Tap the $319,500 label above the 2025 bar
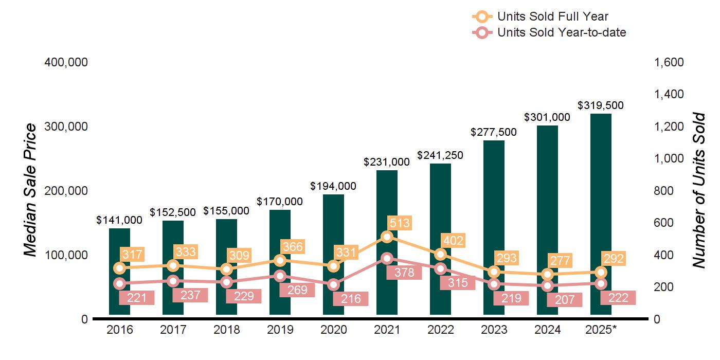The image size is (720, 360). [601, 105]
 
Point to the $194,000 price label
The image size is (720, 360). [333, 186]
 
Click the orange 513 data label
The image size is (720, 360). [400, 223]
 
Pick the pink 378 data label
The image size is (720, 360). [404, 273]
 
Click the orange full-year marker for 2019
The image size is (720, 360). [280, 260]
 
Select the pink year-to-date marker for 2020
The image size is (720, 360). [333, 284]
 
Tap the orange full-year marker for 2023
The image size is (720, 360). [494, 272]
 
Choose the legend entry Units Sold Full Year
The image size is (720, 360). [552, 17]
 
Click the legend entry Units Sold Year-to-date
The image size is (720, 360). [561, 32]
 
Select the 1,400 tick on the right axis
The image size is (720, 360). [669, 95]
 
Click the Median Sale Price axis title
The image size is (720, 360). [31, 190]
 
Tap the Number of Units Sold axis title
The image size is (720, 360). [698, 190]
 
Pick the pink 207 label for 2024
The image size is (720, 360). [564, 300]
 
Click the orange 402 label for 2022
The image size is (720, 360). [453, 240]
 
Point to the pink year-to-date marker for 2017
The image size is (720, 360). [173, 281]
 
